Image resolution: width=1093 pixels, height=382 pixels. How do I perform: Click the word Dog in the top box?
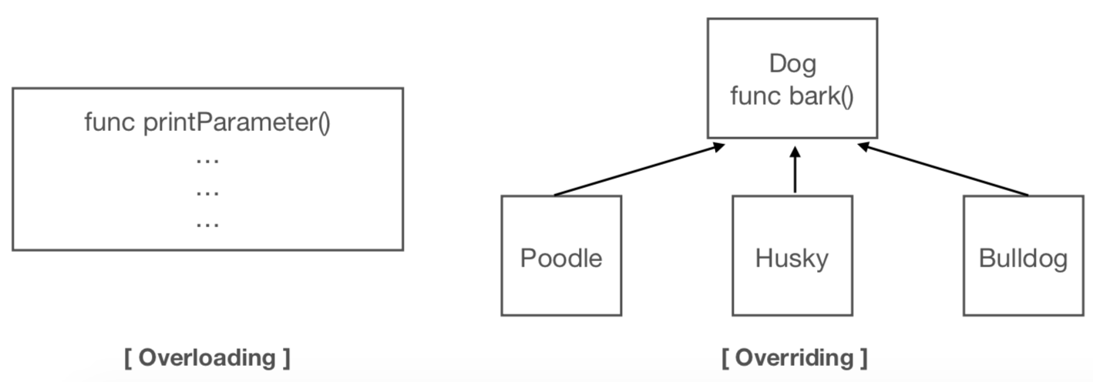tap(792, 64)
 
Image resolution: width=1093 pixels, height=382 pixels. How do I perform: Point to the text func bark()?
tap(792, 97)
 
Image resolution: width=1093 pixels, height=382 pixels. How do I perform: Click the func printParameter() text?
tap(207, 123)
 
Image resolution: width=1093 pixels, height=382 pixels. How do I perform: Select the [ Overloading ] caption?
tap(207, 357)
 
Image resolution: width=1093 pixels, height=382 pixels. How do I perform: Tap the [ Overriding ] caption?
tap(794, 357)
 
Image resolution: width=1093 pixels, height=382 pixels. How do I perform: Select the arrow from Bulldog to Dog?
tap(944, 170)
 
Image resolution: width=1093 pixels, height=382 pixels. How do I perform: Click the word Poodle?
tap(561, 258)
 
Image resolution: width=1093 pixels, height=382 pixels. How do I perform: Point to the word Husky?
tap(792, 258)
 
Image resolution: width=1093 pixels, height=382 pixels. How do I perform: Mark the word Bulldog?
tap(1023, 258)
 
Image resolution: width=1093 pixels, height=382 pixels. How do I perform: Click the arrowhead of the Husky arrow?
tap(794, 152)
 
